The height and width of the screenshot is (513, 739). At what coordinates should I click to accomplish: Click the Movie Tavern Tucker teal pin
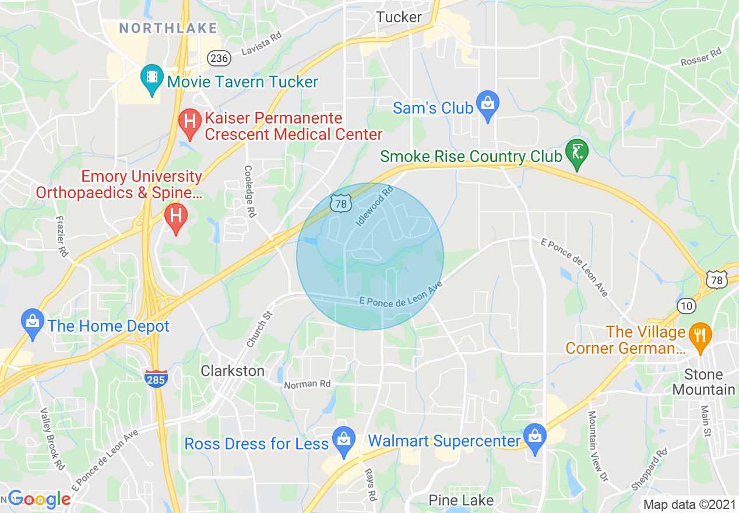coord(152,79)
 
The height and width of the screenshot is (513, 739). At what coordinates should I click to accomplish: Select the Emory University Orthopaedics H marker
coord(175,216)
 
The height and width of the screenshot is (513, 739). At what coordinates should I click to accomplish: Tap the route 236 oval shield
coord(219,58)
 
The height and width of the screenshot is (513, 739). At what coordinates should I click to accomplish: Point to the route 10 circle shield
coord(687,305)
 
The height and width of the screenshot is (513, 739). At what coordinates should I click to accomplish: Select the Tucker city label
coord(399,17)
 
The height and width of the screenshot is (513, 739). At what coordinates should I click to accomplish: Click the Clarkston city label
coord(233,371)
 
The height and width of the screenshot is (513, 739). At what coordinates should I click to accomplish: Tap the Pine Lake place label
coord(461,500)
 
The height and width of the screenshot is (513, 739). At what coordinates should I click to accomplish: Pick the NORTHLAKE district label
coord(168,28)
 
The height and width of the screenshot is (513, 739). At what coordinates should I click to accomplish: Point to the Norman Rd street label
coord(307,384)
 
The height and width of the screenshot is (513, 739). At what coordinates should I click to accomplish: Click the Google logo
coord(38,499)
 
